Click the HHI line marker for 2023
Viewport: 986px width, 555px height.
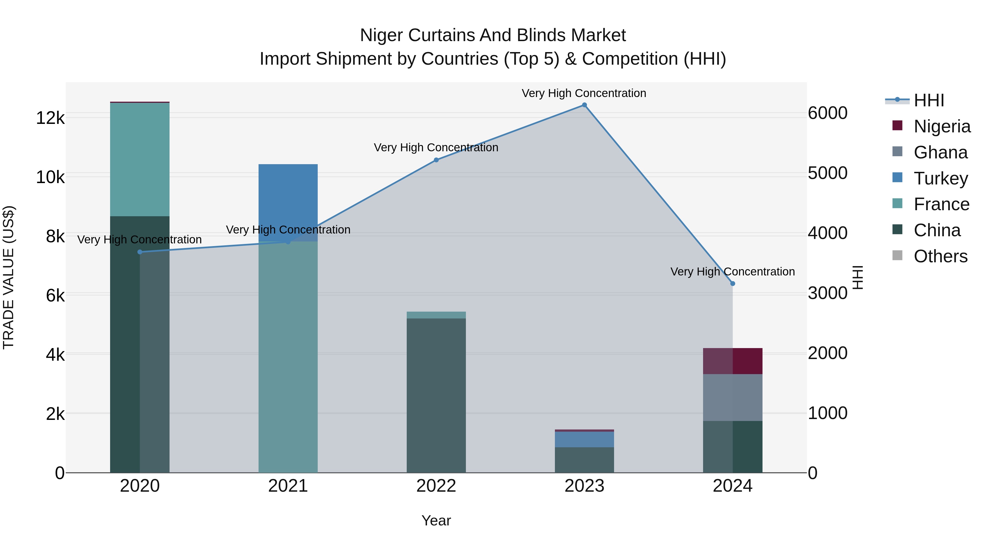pos(584,105)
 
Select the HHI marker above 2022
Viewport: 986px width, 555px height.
pos(436,160)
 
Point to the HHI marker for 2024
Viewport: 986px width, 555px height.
pos(733,283)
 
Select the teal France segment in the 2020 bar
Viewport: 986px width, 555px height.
pos(140,159)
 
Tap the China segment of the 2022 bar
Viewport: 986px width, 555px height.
pos(436,394)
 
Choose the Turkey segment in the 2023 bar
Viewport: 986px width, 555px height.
pos(584,439)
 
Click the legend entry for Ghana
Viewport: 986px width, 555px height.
pos(941,152)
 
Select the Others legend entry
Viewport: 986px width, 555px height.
pos(941,256)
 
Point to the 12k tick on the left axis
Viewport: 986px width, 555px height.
pos(50,118)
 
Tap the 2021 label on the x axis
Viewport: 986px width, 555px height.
pos(288,486)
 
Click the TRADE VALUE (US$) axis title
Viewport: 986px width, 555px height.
pos(8,277)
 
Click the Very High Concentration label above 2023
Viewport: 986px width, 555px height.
pos(584,93)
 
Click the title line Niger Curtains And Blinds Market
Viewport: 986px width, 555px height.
pos(493,35)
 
